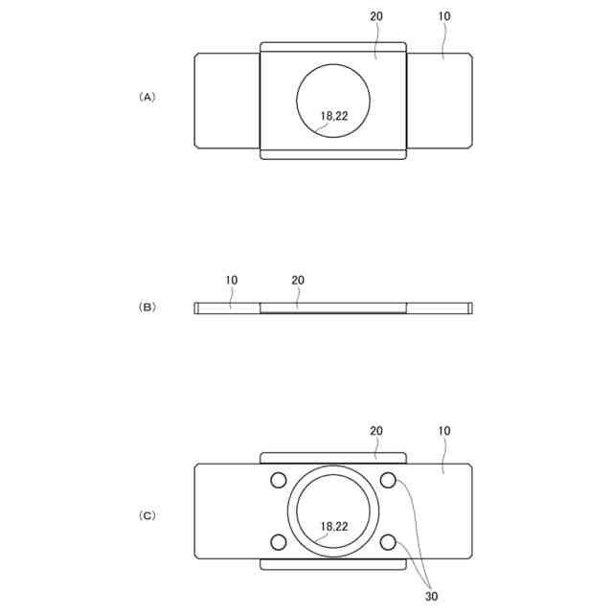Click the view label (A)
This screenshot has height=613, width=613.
pyautogui.click(x=148, y=97)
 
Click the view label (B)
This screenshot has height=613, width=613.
pyautogui.click(x=148, y=307)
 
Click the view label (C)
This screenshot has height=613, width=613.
pyautogui.click(x=148, y=515)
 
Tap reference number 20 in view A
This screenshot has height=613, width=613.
pyautogui.click(x=376, y=17)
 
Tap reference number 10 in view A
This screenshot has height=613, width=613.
pyautogui.click(x=443, y=17)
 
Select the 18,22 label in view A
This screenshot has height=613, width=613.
pyautogui.click(x=334, y=116)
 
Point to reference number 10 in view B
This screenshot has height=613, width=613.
pyautogui.click(x=232, y=281)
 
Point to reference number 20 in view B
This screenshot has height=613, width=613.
pyautogui.click(x=297, y=281)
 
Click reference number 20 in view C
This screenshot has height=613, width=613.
pyautogui.click(x=376, y=431)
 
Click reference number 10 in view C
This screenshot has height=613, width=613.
pyautogui.click(x=443, y=431)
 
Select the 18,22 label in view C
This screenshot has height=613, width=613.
pyautogui.click(x=334, y=526)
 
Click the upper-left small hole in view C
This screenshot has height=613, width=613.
pyautogui.click(x=279, y=480)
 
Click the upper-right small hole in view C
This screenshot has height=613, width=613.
pyautogui.click(x=388, y=480)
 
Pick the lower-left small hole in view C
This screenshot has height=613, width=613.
pyautogui.click(x=279, y=542)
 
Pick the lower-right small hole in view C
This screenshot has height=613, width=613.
pyautogui.click(x=388, y=542)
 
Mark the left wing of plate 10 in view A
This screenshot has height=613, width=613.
pyautogui.click(x=227, y=101)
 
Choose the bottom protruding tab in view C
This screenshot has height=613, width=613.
pyautogui.click(x=333, y=564)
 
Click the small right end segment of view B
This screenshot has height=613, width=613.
pyautogui.click(x=469, y=307)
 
